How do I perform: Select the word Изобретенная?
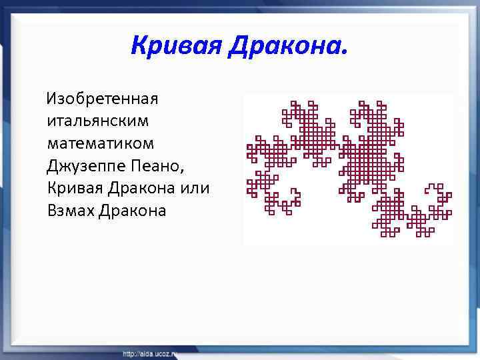[x=101, y=100]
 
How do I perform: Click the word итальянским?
[x=99, y=122]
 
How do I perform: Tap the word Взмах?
[x=70, y=211]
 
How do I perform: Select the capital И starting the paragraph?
[x=51, y=100]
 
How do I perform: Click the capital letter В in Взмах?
[x=53, y=211]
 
